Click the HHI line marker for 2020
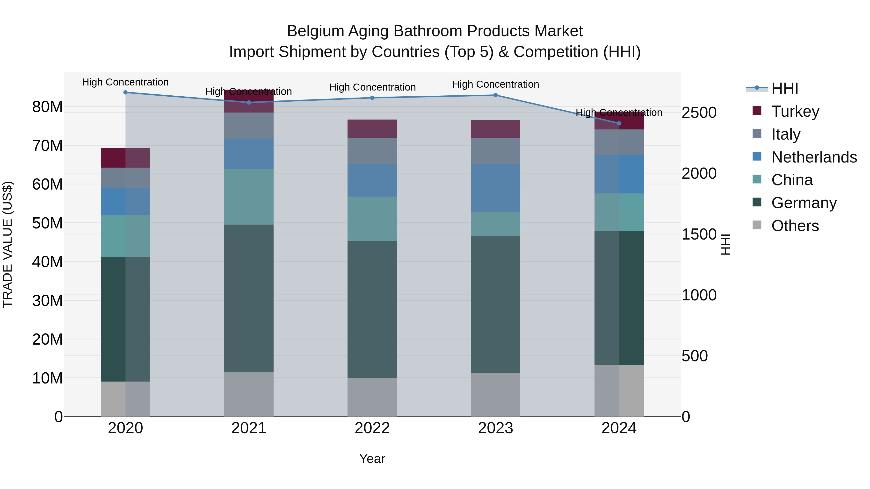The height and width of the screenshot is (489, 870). (125, 92)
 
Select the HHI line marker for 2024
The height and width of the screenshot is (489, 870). (619, 123)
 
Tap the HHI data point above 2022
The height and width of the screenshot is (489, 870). (372, 98)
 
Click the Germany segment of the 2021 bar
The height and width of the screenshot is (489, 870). (249, 299)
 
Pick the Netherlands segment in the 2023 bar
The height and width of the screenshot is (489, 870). (495, 188)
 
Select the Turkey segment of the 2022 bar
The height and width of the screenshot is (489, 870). (372, 128)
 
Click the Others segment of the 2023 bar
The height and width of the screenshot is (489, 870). (495, 395)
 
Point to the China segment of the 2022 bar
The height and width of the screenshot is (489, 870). (372, 219)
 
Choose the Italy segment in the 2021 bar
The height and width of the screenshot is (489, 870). (249, 126)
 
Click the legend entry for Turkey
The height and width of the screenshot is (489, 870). (795, 111)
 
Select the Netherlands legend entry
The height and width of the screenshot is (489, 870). (814, 157)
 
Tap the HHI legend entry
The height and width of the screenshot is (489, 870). (784, 88)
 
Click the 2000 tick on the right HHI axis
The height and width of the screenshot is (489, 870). (699, 173)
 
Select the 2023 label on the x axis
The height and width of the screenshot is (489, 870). (495, 428)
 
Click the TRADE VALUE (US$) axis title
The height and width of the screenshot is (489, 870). (7, 244)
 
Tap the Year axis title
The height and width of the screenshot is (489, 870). (372, 459)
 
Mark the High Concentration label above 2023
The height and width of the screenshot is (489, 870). (495, 84)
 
